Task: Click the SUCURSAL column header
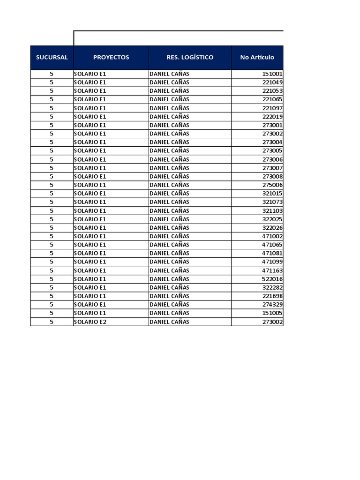pos(52,58)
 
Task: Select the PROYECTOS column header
pos(111,58)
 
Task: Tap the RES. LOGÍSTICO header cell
pos(190,58)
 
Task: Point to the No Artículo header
pos(257,58)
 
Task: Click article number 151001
pos(272,74)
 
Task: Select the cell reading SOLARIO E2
pos(90,322)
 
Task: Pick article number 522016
pos(272,279)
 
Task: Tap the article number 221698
pos(272,296)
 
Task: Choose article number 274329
pos(272,305)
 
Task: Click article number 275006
pos(272,185)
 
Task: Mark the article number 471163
pos(272,270)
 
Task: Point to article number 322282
pos(272,287)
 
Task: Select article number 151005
pos(272,313)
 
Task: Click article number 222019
pos(272,117)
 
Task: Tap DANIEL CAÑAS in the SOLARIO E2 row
pos(169,322)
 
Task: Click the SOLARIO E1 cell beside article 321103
pos(90,211)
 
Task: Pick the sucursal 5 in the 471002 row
pos(52,236)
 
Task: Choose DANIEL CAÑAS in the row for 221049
pos(169,82)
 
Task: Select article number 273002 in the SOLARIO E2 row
pos(272,322)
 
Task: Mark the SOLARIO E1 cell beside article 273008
pos(90,177)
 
